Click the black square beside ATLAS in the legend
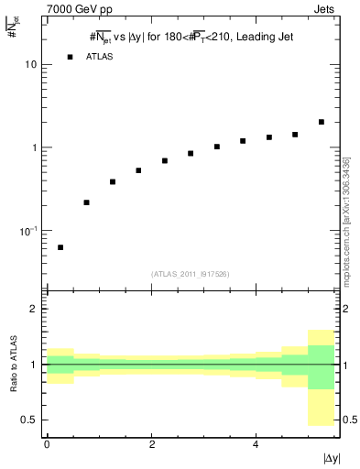click(70, 57)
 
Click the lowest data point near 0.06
click(60, 247)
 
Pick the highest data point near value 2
click(321, 122)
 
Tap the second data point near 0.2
click(86, 202)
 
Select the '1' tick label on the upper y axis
click(34, 147)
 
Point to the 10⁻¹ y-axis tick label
click(28, 230)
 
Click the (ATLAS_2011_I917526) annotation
click(191, 272)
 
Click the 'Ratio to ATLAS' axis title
click(13, 365)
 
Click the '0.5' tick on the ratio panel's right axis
click(349, 420)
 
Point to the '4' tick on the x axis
click(256, 443)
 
